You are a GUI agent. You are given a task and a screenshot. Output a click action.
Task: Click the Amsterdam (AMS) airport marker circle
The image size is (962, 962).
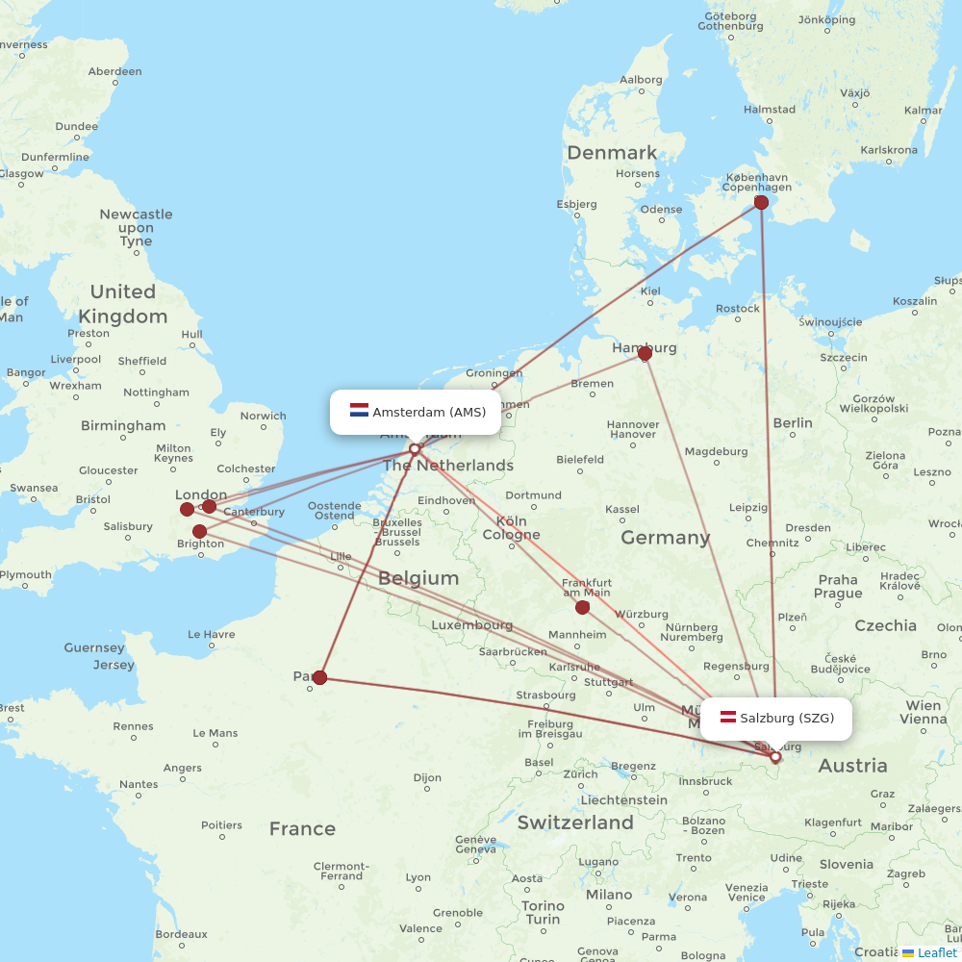point(415,448)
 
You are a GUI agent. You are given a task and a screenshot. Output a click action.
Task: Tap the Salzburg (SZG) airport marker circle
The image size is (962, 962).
point(775,757)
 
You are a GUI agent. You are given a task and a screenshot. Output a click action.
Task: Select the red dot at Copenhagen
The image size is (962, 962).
point(761,202)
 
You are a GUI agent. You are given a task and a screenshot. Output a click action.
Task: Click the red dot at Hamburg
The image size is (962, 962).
point(645,353)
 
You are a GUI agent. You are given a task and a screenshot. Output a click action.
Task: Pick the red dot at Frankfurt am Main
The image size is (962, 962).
point(582,607)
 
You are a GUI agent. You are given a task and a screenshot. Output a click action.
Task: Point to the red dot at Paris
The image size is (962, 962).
point(319,677)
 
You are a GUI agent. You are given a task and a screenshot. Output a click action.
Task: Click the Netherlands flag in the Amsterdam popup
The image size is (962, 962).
point(360,412)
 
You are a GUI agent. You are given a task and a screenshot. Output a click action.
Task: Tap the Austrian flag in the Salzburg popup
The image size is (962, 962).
point(728,718)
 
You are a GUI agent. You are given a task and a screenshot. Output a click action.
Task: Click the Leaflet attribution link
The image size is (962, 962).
point(937,952)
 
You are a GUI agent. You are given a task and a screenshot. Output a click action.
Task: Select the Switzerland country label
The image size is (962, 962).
point(575,823)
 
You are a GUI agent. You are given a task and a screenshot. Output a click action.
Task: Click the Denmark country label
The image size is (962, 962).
point(612,153)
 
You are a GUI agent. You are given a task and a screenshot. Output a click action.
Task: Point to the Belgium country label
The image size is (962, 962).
point(418,578)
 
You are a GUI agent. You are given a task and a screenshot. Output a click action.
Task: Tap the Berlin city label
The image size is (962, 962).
point(793,422)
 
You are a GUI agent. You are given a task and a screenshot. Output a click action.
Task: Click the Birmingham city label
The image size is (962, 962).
point(123,425)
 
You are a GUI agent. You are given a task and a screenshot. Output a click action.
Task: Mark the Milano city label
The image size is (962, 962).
point(609,894)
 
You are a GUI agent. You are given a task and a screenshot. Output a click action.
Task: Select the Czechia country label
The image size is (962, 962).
point(886,625)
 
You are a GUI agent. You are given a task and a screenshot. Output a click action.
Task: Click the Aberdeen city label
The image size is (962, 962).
point(114,71)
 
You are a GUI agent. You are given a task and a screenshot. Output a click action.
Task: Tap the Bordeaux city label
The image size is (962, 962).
point(181,933)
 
